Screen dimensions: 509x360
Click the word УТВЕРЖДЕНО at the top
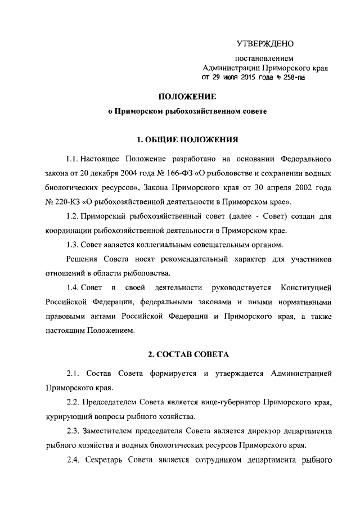[264, 43]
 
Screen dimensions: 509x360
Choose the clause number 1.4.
[73, 288]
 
